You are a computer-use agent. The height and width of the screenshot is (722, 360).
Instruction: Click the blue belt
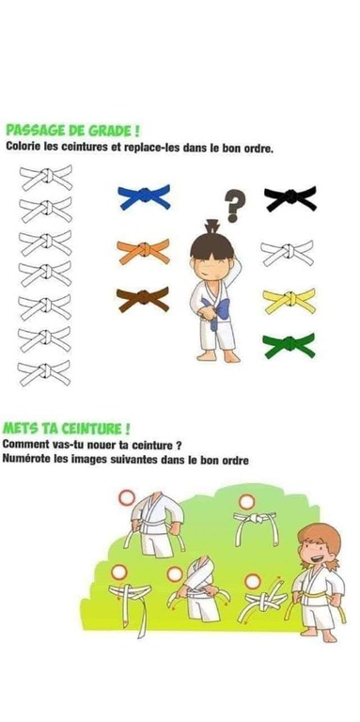pyautogui.click(x=144, y=196)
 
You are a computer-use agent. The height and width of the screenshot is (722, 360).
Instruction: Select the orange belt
pyautogui.click(x=143, y=250)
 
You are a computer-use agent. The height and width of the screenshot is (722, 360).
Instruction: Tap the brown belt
pyautogui.click(x=143, y=299)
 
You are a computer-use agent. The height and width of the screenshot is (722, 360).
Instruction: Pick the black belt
pyautogui.click(x=290, y=198)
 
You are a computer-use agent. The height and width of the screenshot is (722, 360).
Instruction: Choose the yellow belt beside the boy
pyautogui.click(x=290, y=300)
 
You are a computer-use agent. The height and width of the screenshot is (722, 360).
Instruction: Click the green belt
pyautogui.click(x=290, y=345)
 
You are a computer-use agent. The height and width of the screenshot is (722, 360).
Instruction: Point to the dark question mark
pyautogui.click(x=235, y=206)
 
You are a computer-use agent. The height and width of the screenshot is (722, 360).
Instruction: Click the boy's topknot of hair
pyautogui.click(x=212, y=227)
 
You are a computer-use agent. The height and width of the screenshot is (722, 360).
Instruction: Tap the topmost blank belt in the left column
pyautogui.click(x=45, y=178)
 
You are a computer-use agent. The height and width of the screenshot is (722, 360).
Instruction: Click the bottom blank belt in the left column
pyautogui.click(x=44, y=373)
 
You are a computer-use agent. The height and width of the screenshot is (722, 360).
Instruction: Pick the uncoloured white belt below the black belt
pyautogui.click(x=288, y=253)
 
